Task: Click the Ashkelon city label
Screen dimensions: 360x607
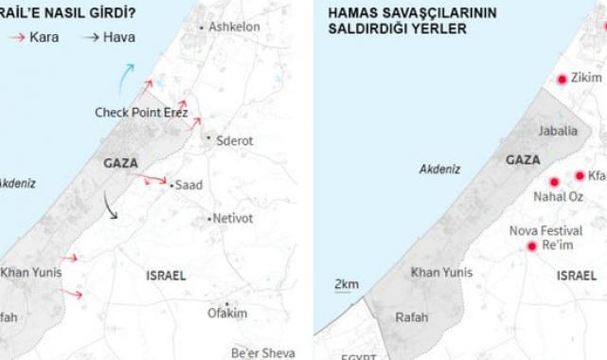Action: click(234, 27)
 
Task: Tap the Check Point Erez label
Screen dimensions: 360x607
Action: click(141, 113)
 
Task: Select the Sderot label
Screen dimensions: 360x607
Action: click(235, 140)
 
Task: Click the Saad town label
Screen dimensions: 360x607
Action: click(189, 186)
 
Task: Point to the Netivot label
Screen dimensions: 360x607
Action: click(234, 219)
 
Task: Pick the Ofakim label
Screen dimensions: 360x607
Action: click(227, 314)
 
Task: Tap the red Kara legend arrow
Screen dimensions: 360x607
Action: click(17, 38)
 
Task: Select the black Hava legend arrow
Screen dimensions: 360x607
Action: click(91, 38)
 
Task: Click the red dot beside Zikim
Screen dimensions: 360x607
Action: click(561, 80)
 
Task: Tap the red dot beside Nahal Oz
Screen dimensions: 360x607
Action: click(554, 182)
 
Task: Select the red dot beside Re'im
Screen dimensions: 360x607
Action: click(531, 246)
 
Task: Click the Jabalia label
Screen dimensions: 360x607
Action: click(557, 131)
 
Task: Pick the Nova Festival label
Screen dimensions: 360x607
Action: click(545, 230)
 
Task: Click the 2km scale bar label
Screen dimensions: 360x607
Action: click(347, 284)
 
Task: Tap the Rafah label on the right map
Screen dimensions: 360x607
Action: click(412, 317)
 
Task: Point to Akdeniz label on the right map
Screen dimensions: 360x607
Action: click(439, 169)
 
